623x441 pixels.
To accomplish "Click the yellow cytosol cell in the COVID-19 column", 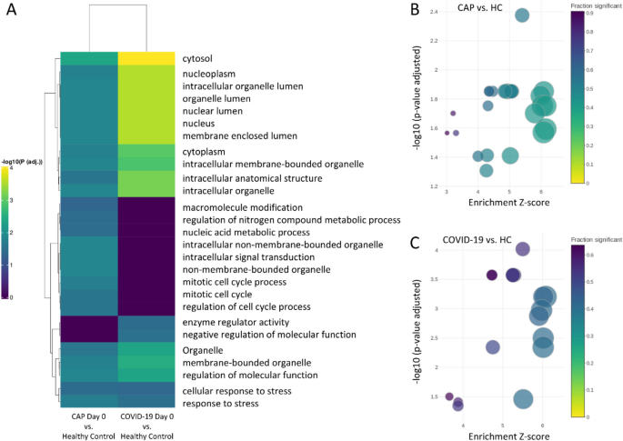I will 147,58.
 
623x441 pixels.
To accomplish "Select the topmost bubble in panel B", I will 522,15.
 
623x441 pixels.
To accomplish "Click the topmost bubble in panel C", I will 523,249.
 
